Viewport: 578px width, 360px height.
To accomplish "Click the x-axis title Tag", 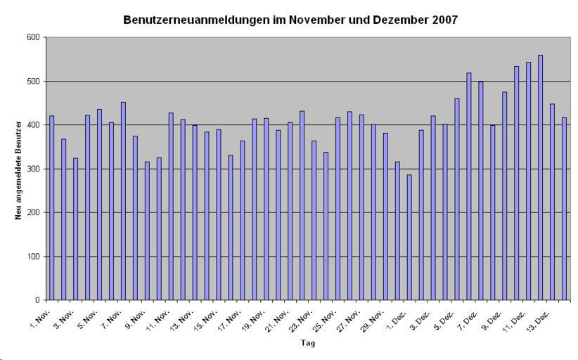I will pyautogui.click(x=309, y=344).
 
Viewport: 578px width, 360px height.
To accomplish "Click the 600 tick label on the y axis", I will pyautogui.click(x=32, y=37).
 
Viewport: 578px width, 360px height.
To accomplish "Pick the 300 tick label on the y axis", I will pyautogui.click(x=32, y=169).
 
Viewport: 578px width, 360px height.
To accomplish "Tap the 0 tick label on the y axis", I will pyautogui.click(x=37, y=300).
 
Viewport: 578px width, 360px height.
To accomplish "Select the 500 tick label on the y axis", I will pyautogui.click(x=32, y=81).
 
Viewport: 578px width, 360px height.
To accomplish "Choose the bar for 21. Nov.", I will pyautogui.click(x=290, y=211).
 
